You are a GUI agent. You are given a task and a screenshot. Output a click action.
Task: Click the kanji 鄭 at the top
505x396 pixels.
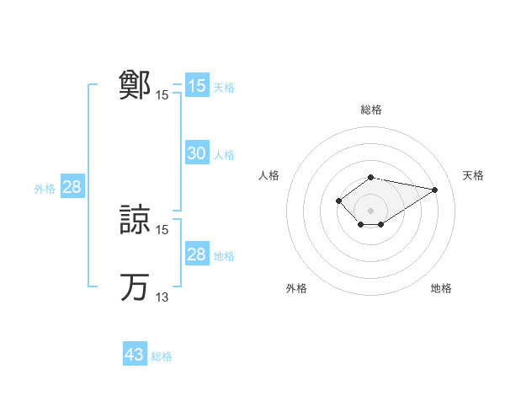pos(135,85)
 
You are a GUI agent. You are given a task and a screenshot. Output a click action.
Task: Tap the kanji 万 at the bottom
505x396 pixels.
pos(135,286)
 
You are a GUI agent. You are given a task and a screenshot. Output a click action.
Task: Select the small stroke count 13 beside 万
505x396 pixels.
pos(162,297)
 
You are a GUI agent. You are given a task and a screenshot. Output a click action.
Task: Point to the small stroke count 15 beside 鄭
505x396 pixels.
pos(162,95)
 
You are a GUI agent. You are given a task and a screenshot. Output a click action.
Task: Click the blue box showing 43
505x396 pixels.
pos(135,355)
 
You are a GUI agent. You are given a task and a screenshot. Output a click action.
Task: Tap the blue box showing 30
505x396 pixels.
pos(196,153)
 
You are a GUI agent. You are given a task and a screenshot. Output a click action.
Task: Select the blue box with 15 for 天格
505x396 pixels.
pos(196,86)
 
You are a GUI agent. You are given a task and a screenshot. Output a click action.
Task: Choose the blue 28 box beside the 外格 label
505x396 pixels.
pos(72,187)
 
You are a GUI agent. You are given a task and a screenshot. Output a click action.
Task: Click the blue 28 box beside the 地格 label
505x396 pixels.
pos(196,254)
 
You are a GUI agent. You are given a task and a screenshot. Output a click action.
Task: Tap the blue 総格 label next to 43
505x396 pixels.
pos(162,356)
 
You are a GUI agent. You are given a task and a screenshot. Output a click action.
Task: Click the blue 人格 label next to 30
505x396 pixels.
pos(224,155)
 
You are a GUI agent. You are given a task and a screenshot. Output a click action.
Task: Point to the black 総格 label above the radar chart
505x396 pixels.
pos(371,110)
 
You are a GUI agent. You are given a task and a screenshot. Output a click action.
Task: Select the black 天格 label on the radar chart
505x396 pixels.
pos(473,175)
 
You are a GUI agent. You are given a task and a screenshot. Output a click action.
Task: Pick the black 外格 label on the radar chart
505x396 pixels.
pos(296,289)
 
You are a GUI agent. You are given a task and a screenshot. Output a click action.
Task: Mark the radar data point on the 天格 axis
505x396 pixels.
pos(434,190)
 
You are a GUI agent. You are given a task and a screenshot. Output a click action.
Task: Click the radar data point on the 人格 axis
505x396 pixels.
pos(338,200)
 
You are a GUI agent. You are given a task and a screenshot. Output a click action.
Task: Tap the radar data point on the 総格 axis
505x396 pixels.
pos(371,177)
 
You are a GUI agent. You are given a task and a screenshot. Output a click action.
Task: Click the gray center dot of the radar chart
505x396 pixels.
pos(371,211)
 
